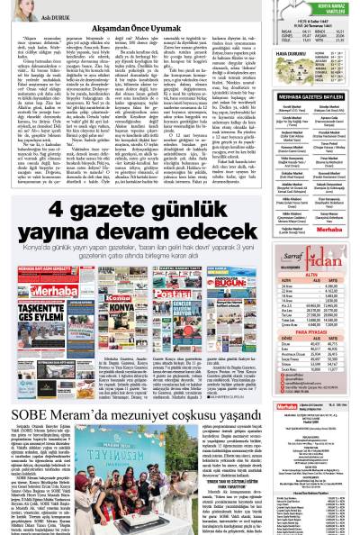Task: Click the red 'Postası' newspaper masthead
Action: coord(176,276)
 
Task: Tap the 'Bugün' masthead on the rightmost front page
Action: coord(231,277)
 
